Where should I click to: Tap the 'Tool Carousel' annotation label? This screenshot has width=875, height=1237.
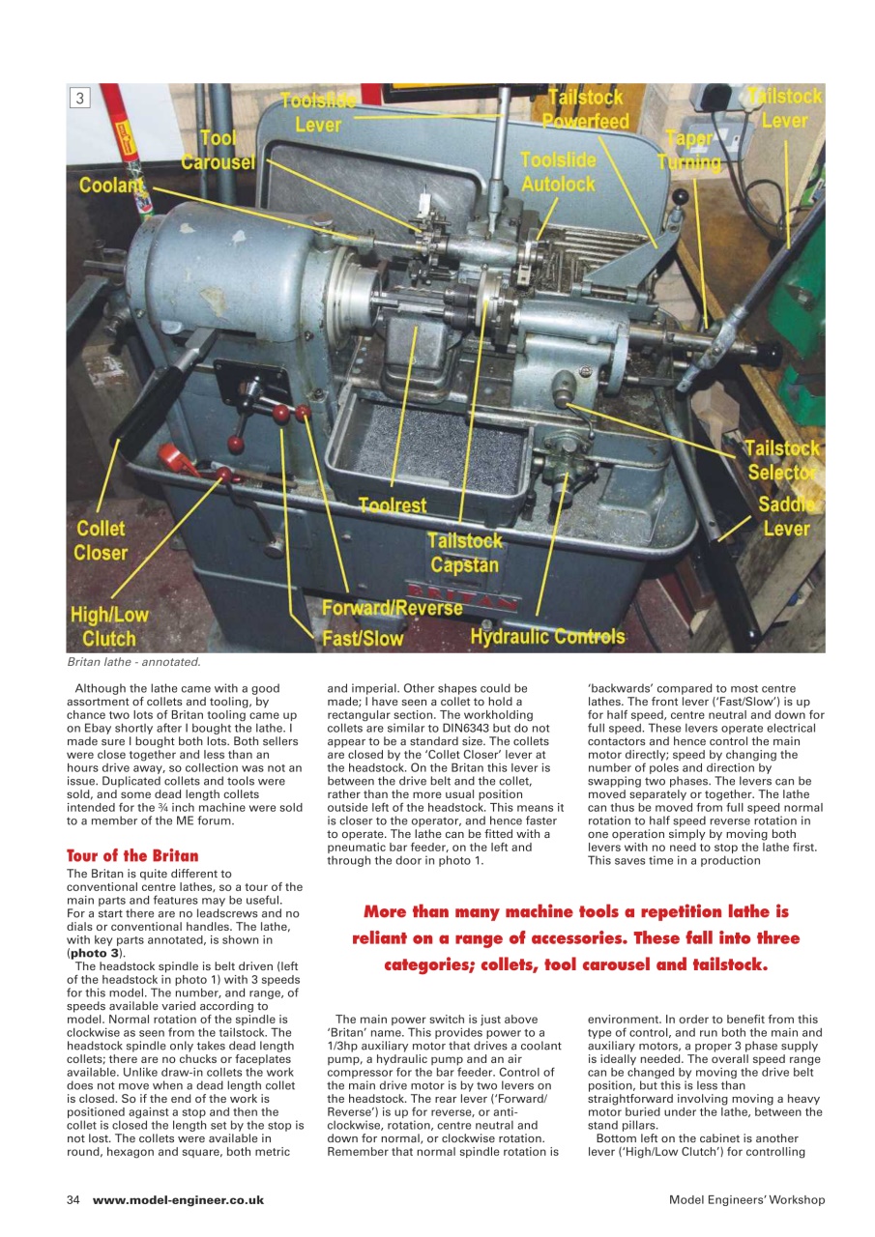point(219,150)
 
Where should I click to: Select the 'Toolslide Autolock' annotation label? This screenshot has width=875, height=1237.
point(558,171)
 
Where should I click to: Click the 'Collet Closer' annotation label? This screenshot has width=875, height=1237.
point(101,541)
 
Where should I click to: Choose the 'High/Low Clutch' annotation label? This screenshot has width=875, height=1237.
point(108,626)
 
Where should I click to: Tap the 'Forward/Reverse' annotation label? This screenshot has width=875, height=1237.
point(393,609)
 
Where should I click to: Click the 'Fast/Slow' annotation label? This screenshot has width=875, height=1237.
point(363,639)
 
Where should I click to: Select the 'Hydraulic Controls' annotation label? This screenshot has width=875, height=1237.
point(547,637)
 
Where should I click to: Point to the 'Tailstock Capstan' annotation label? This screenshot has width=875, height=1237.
point(465,553)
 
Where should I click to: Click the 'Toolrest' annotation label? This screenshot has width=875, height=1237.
point(393,504)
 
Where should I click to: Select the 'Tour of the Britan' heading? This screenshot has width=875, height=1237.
point(132,856)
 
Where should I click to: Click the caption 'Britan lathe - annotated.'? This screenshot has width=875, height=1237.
point(133,662)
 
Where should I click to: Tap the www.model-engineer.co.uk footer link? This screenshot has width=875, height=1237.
point(178,1199)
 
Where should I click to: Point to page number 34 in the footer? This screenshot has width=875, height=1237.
point(73,1199)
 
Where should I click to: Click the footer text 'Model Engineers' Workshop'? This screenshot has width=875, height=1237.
point(746,1199)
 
